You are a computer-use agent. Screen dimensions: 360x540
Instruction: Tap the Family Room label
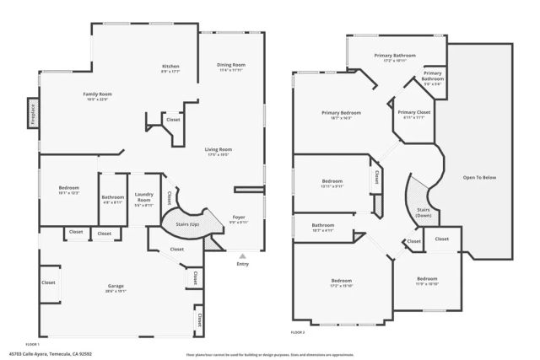99,95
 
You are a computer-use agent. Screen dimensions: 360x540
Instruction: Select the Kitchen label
171,67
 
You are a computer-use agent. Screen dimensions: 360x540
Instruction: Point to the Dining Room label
231,67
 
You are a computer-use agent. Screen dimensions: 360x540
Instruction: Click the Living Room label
218,152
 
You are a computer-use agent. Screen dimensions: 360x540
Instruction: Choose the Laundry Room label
143,200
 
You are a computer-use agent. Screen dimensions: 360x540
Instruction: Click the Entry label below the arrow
243,265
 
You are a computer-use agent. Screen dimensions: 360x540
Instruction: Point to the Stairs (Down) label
422,213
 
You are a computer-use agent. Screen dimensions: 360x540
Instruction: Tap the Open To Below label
479,178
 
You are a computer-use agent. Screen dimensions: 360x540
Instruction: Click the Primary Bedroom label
341,114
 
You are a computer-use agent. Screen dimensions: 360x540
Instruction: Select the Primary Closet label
414,114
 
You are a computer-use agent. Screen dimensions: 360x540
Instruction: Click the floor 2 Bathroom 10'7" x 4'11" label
323,227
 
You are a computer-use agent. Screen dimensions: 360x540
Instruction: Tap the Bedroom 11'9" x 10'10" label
427,280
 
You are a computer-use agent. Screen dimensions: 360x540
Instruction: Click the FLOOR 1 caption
33,345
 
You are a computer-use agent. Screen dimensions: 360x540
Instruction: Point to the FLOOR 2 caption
297,333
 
